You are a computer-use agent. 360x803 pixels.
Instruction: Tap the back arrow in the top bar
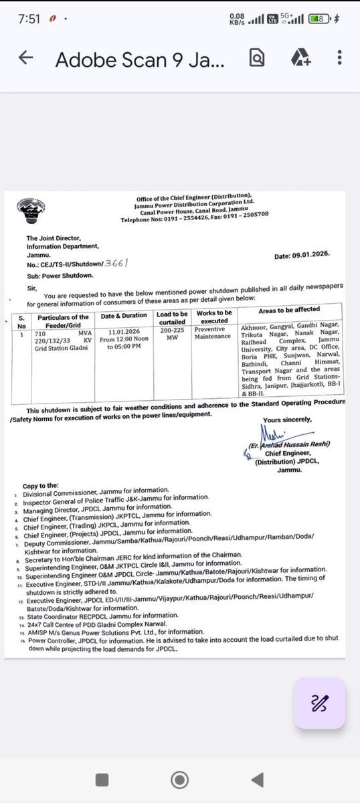pos(26,59)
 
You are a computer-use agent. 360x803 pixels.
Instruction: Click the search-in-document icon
pos(256,59)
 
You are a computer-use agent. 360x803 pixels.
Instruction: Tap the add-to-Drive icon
pos(300,59)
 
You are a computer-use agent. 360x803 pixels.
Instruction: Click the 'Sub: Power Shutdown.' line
pos(60,274)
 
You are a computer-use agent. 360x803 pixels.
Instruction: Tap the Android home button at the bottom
pos(179,780)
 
